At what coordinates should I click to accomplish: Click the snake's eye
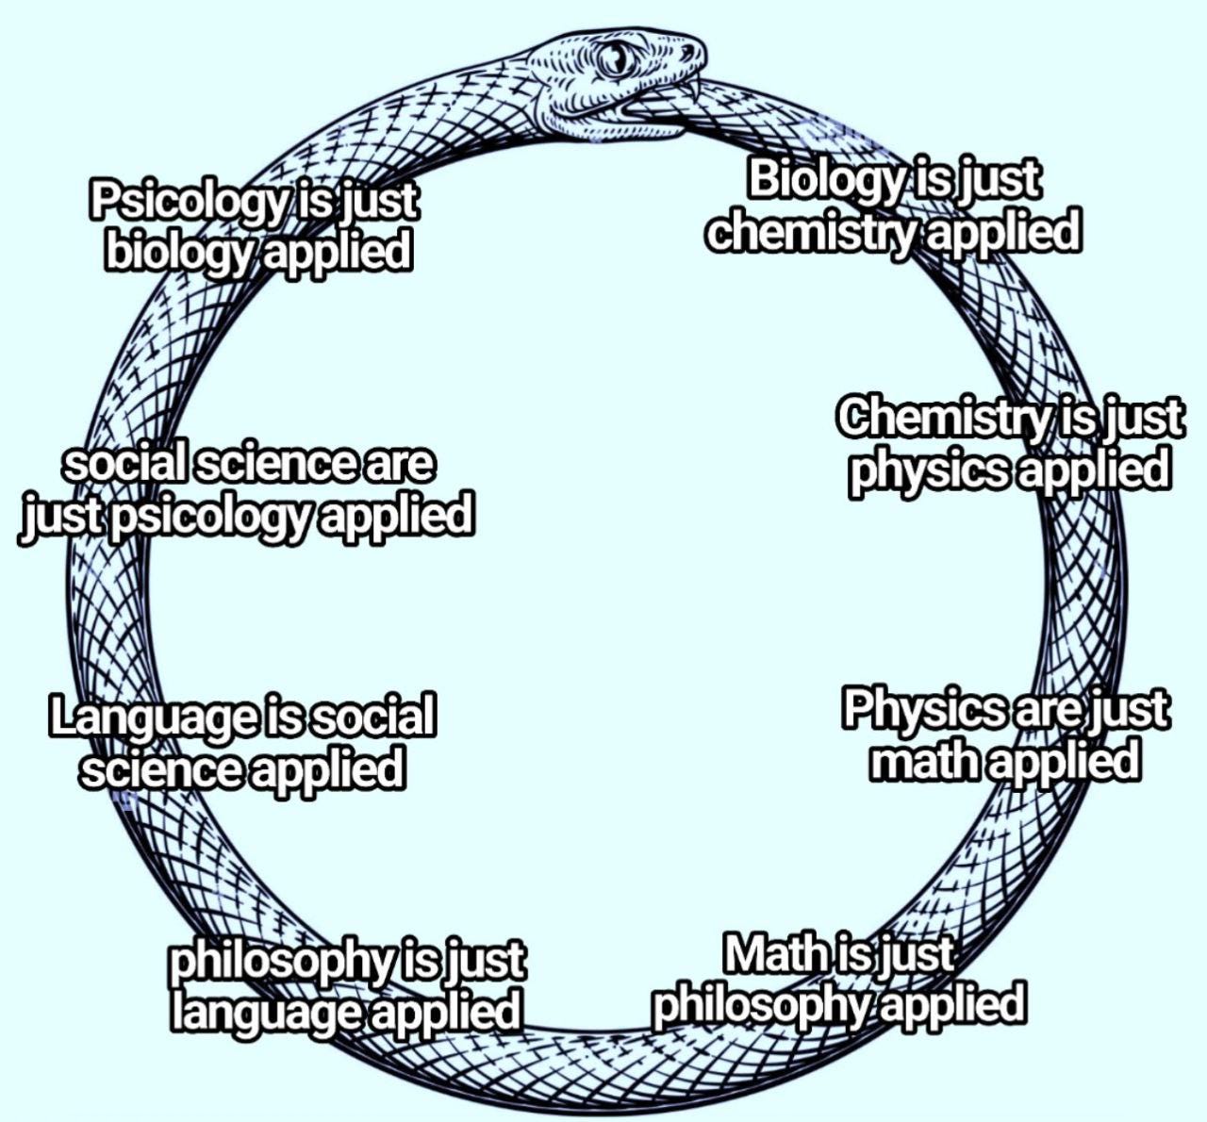(x=617, y=59)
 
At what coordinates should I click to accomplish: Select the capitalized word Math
(x=771, y=954)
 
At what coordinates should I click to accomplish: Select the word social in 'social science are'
(x=124, y=463)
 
